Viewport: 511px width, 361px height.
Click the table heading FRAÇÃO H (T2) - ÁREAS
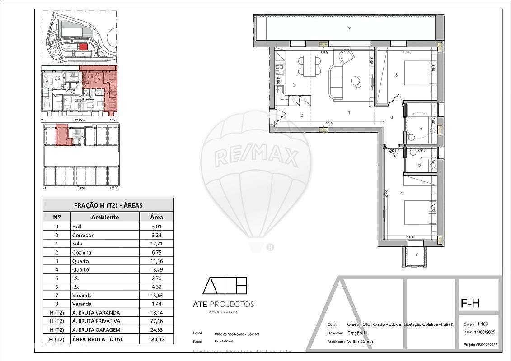(x=108, y=205)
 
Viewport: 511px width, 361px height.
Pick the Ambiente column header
(x=105, y=217)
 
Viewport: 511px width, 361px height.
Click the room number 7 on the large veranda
(x=349, y=29)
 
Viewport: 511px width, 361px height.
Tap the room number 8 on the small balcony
(x=417, y=255)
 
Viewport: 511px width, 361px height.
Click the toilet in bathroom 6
(x=411, y=137)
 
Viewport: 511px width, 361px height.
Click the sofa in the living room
(x=337, y=82)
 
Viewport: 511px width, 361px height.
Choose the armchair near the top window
(x=347, y=57)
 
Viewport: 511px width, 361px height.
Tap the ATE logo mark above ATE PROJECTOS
(x=225, y=286)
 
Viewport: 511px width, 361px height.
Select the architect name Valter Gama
(x=360, y=342)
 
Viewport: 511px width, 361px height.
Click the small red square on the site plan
(x=83, y=46)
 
